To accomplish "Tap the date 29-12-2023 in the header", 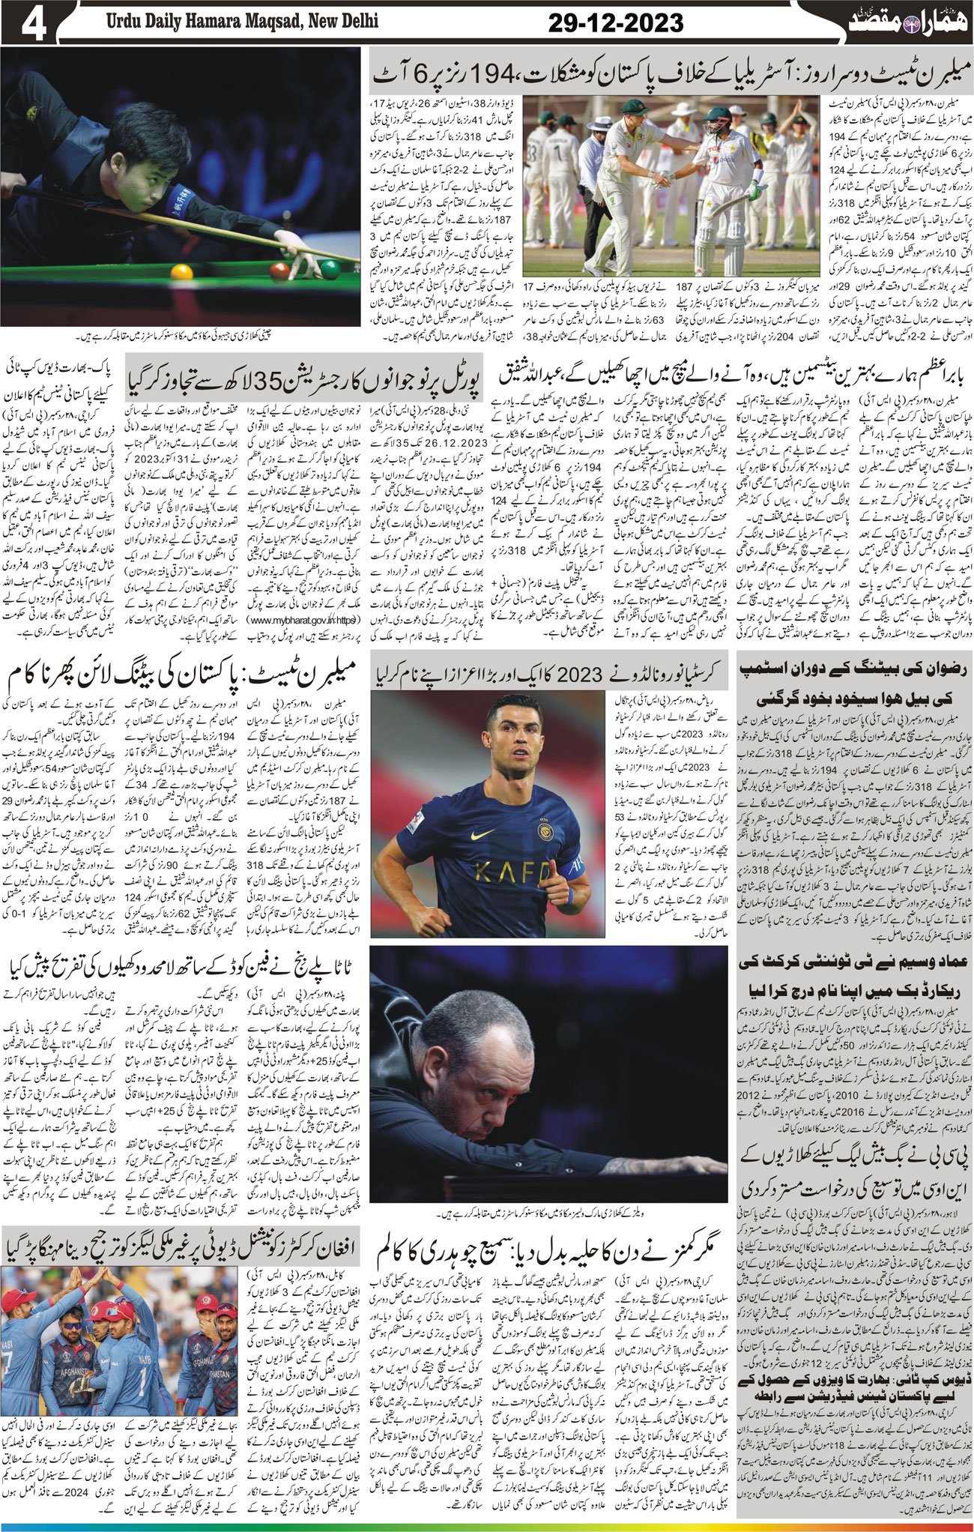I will click(x=616, y=23).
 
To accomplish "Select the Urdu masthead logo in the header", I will click(x=891, y=19).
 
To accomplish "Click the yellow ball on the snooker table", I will click(x=181, y=272).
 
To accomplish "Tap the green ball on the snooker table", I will click(x=330, y=268).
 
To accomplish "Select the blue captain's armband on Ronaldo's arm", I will click(x=574, y=869).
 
